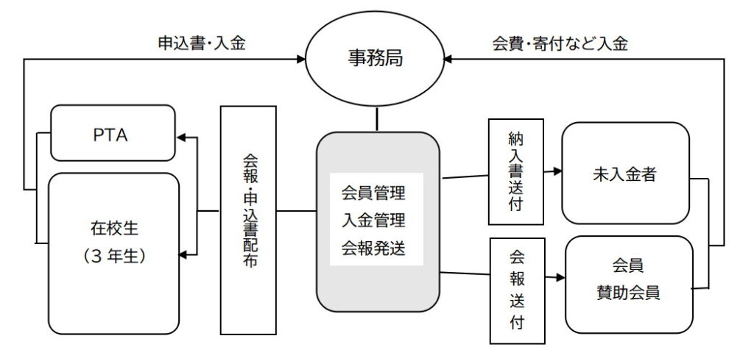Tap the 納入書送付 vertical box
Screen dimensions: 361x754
pyautogui.click(x=515, y=172)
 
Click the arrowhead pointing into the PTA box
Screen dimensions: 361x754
pyautogui.click(x=183, y=137)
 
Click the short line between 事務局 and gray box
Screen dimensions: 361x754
pyautogui.click(x=377, y=120)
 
